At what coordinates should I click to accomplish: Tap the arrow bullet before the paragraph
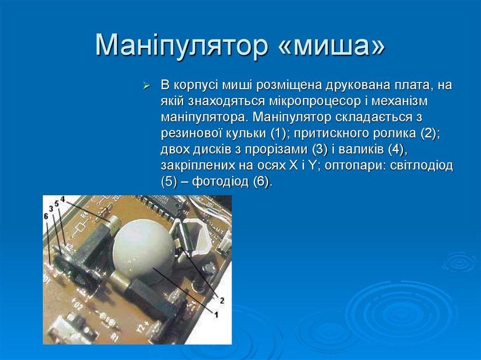[x=147, y=86]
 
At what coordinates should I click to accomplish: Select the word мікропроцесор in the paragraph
[x=315, y=101]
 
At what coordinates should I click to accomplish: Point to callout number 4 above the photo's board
[x=62, y=199]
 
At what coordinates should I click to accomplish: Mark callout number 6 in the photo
[x=46, y=216]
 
